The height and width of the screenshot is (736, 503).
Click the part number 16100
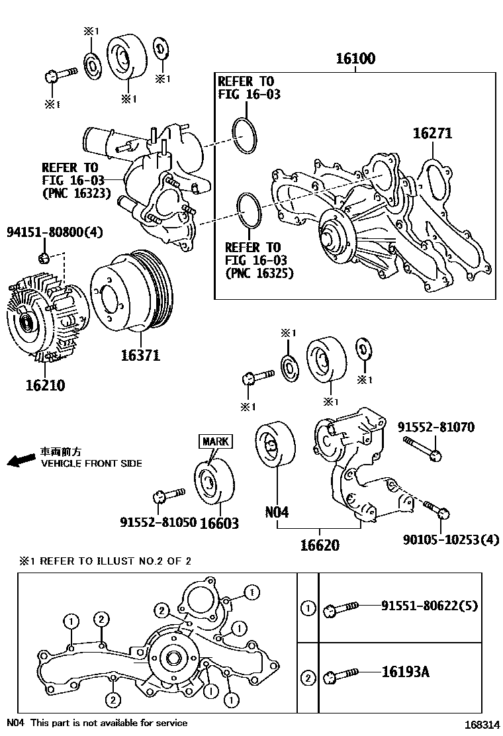355,59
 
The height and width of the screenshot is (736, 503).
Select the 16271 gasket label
432,133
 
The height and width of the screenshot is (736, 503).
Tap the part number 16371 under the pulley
140,355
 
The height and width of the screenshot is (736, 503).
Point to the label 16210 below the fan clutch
45,385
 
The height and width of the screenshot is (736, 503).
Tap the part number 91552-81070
436,428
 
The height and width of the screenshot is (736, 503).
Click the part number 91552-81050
158,522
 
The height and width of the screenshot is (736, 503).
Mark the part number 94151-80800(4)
55,232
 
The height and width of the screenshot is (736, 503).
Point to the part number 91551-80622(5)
430,605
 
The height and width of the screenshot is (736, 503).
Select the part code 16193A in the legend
405,672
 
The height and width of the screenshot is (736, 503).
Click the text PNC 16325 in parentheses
259,273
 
